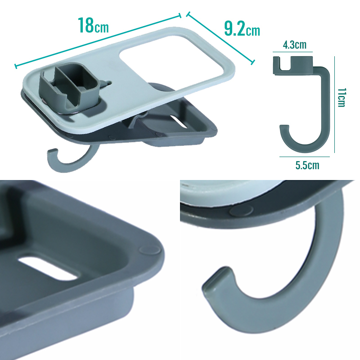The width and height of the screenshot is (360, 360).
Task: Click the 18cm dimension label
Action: click(93, 25)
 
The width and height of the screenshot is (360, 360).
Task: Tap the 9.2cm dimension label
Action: click(242, 29)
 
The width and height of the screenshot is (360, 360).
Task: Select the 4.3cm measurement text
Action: click(295, 45)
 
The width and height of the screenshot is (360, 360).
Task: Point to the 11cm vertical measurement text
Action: click(342, 97)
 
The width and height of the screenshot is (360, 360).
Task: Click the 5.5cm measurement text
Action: click(307, 165)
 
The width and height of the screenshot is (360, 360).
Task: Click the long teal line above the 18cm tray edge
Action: click(98, 41)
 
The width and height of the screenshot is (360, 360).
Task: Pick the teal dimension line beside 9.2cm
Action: click(220, 38)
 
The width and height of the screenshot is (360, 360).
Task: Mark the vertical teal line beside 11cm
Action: click(334, 104)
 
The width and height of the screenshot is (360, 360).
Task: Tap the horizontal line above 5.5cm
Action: click(305, 157)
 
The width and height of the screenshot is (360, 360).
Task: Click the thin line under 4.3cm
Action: click(293, 52)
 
